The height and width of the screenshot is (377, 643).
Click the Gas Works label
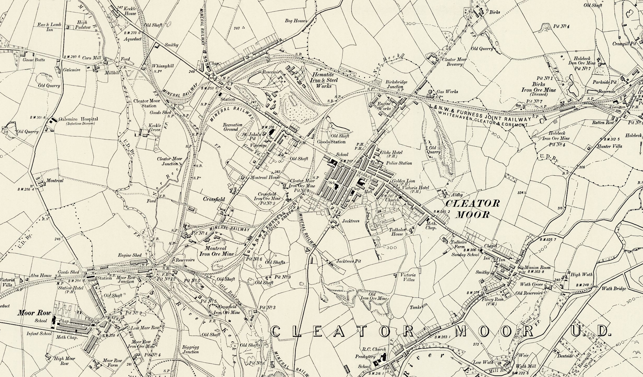tap(447, 92)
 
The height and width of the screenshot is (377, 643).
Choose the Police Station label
tap(399, 163)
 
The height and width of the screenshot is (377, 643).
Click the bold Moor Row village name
tap(30, 312)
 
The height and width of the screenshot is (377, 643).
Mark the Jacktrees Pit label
tap(349, 261)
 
